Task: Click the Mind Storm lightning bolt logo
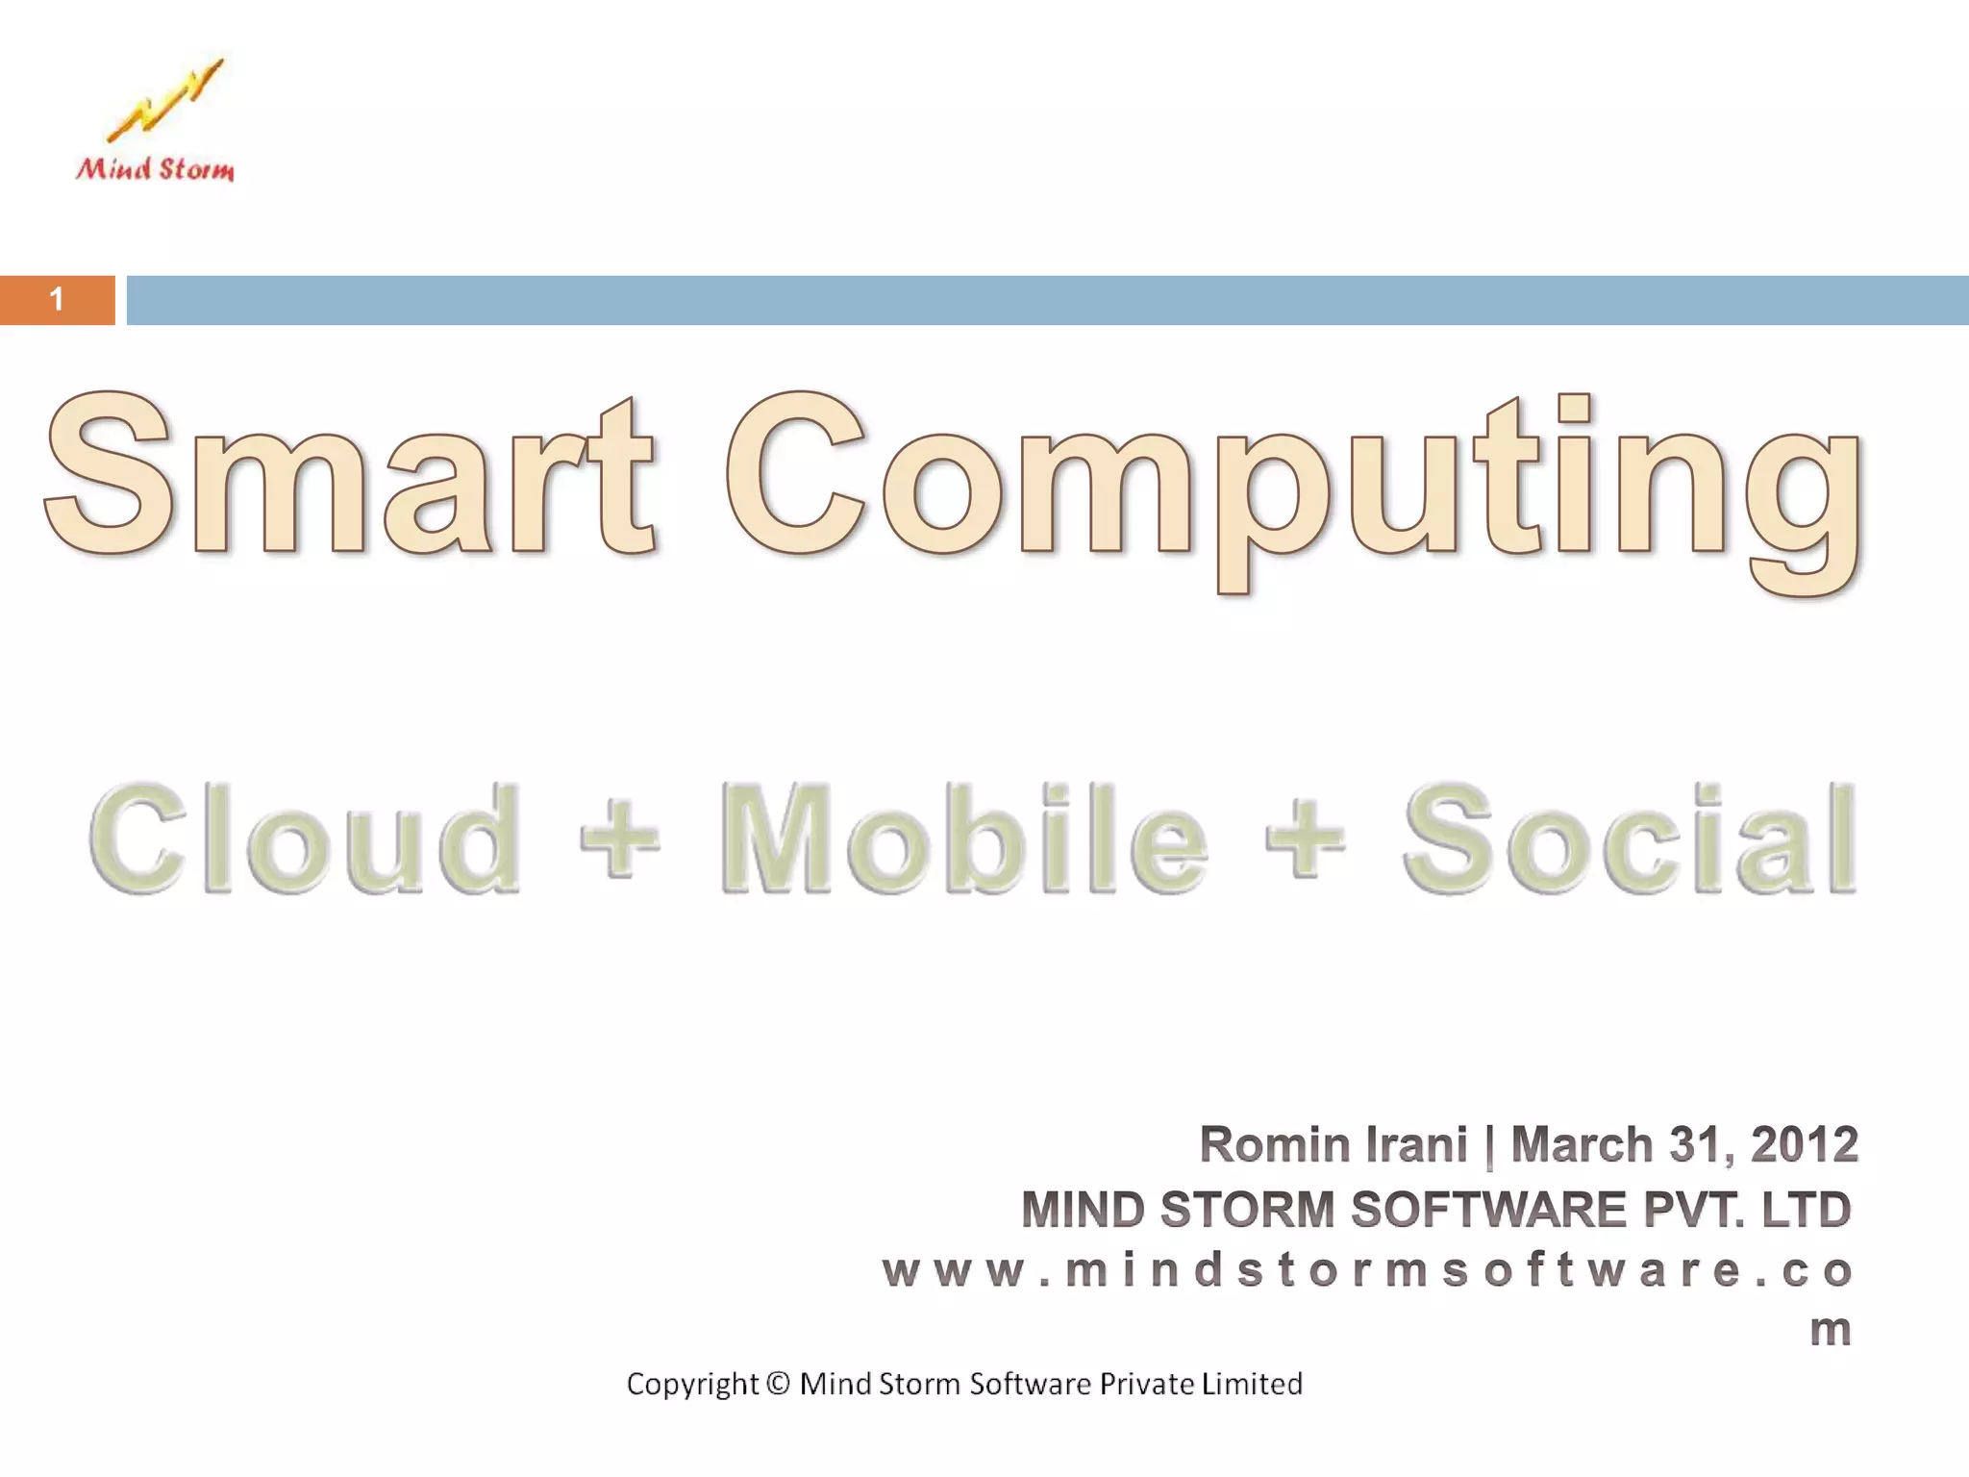point(164,99)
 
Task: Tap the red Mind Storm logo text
point(155,170)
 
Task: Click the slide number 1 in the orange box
point(58,300)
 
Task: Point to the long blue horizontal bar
point(1046,300)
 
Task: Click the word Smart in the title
point(349,475)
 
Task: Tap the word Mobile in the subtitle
point(963,839)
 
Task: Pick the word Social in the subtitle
point(1629,839)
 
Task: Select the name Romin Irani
point(1333,1145)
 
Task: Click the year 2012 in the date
point(1804,1145)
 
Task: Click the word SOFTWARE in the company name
point(1487,1210)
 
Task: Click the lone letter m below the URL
point(1830,1331)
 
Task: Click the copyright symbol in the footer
point(780,1384)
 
